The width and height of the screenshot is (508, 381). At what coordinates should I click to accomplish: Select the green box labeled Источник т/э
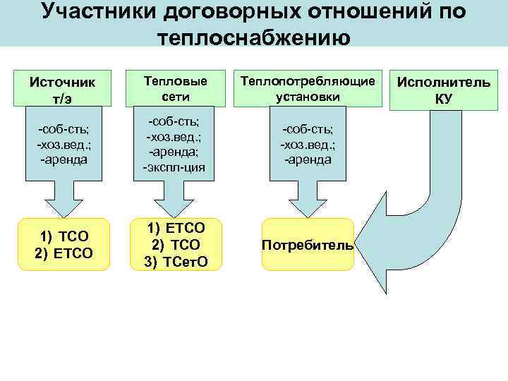pos(61,89)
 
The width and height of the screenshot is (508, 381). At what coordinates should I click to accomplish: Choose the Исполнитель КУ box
pos(443,90)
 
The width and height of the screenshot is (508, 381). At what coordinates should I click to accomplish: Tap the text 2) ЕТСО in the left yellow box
pos(64,253)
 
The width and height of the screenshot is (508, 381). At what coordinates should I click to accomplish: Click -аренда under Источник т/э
pos(64,159)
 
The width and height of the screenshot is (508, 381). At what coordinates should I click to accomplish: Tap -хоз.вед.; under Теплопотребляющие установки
pos(308,145)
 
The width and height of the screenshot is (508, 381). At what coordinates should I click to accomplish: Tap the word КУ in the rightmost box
pos(443,98)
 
